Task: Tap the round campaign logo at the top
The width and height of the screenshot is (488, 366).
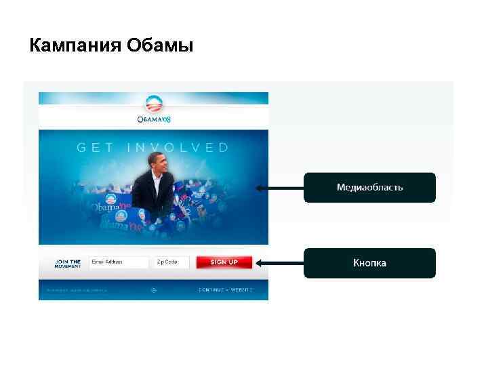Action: point(155,104)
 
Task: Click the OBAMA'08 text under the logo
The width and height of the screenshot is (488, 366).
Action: point(155,120)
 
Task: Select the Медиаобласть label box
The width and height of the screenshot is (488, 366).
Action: point(369,187)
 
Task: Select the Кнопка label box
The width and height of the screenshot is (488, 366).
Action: point(369,263)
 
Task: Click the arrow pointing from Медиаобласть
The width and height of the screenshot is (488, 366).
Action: point(278,188)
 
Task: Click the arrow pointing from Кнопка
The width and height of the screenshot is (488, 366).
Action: point(278,262)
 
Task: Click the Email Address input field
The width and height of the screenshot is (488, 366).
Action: point(118,262)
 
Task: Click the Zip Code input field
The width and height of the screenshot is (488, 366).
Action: point(171,262)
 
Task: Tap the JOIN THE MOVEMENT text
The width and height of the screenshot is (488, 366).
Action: point(68,263)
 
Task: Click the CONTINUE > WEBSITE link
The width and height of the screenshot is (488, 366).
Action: point(225,289)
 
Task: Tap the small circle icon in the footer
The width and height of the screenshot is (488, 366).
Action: point(154,289)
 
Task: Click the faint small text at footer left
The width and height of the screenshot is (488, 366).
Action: point(77,289)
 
